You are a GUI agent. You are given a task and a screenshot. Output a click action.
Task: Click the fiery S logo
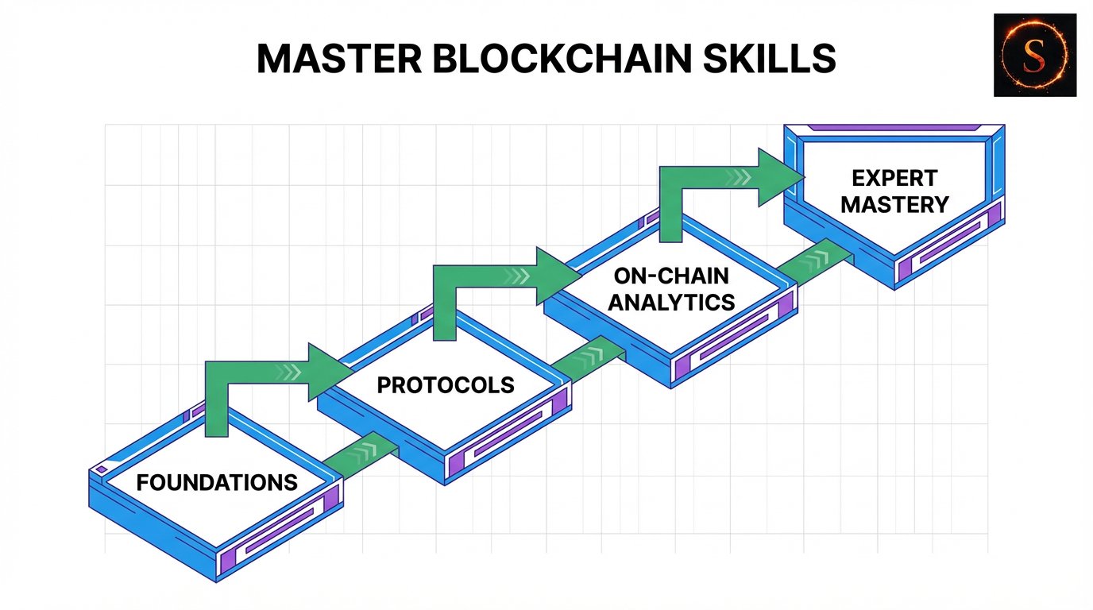[1035, 55]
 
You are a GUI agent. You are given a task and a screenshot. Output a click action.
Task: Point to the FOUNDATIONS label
[217, 481]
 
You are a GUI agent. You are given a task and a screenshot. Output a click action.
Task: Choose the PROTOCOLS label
[446, 385]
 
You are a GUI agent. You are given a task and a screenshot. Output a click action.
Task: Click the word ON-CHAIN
[672, 277]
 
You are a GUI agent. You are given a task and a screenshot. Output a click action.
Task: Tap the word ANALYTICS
[672, 302]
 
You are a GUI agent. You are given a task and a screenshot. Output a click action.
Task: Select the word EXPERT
[894, 178]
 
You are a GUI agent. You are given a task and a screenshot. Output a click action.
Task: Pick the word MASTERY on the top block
[894, 204]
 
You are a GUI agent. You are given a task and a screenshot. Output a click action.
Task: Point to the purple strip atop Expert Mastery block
[894, 127]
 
